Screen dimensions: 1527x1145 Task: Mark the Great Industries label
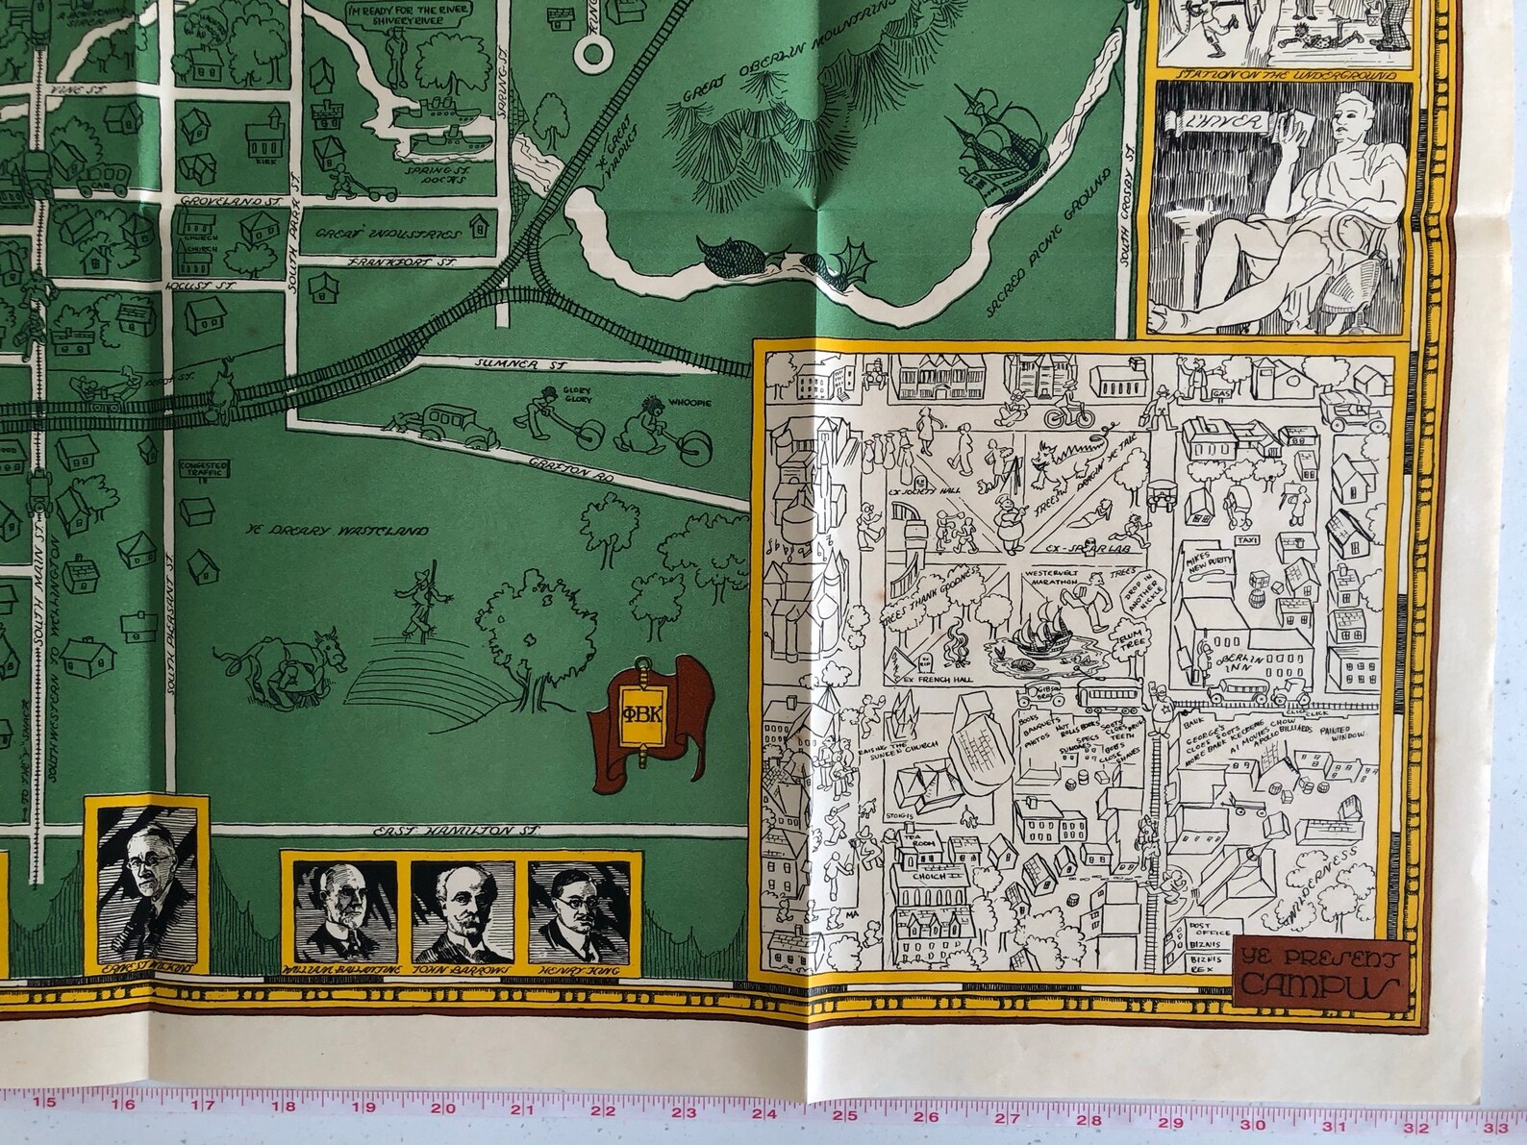pos(389,231)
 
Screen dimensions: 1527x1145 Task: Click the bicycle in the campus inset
pos(1068,415)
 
